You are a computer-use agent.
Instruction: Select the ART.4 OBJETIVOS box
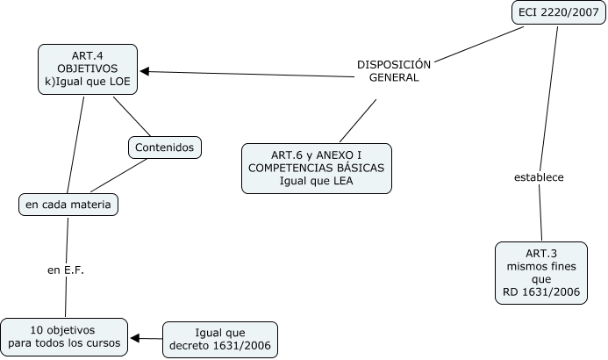pos(88,69)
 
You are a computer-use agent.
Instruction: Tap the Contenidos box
pos(165,147)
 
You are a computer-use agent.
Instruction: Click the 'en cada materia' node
pos(69,205)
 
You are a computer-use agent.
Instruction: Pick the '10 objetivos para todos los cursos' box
pos(63,336)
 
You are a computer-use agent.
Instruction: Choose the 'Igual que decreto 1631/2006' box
pos(221,339)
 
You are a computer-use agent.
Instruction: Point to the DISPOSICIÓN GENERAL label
pos(394,70)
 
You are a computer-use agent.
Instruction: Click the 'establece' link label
pos(538,177)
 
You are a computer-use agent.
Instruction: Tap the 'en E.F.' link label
pos(65,270)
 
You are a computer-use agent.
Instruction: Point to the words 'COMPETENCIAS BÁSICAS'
pos(316,168)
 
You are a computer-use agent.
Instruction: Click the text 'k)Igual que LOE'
pos(88,83)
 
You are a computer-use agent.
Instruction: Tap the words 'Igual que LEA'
pos(316,182)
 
